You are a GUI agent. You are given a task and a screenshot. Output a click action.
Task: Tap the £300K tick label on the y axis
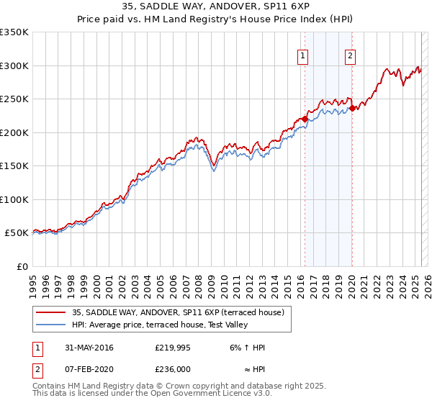14,65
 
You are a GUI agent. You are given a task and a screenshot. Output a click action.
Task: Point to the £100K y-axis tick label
14,199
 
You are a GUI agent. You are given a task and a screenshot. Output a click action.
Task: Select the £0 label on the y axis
21,266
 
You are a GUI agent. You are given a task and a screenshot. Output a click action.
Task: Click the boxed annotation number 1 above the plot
302,57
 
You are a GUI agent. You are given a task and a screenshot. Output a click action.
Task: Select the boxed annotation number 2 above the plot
350,57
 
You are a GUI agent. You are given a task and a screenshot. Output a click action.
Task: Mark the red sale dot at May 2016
305,119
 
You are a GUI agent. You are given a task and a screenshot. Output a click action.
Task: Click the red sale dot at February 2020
352,109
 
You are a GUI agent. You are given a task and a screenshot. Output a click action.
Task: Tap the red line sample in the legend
51,312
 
